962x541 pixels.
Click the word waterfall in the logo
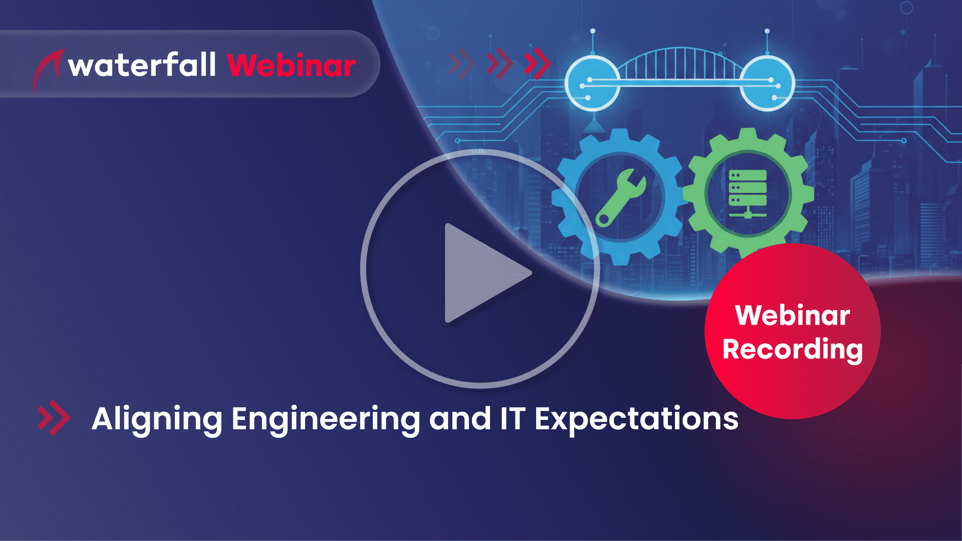(x=142, y=65)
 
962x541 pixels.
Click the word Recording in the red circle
(x=793, y=349)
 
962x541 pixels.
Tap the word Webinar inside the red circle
(x=793, y=316)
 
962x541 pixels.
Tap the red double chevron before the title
(x=54, y=418)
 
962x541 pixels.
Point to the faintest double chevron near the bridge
(x=461, y=64)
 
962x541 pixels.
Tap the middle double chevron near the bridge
(x=500, y=64)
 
